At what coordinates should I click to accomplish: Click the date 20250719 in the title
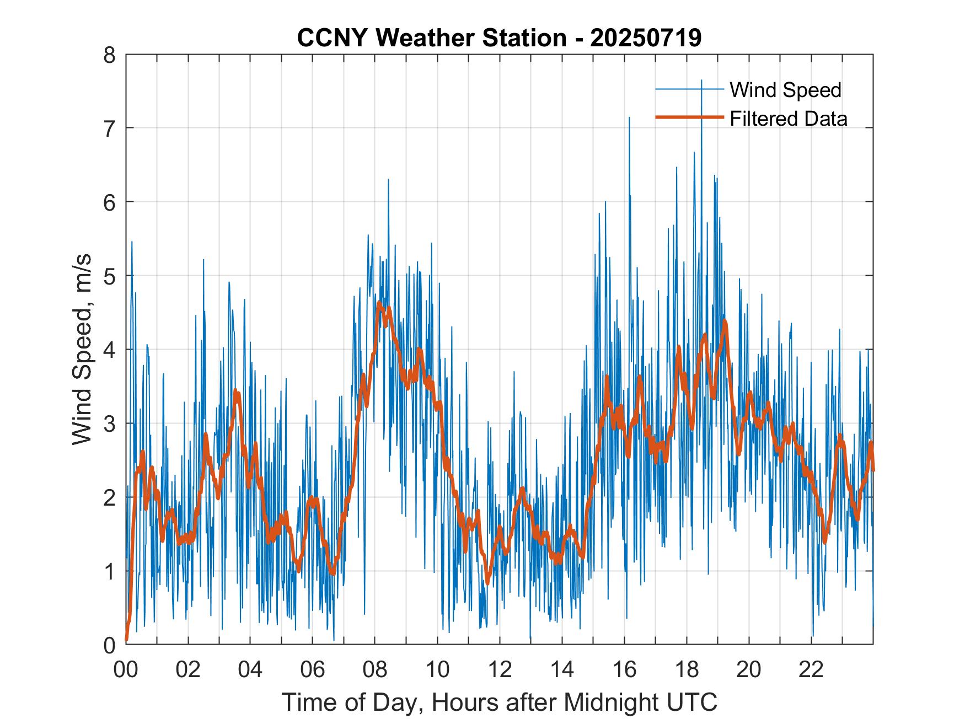point(646,38)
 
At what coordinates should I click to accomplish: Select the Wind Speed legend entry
point(785,90)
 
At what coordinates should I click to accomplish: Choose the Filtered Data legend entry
point(788,119)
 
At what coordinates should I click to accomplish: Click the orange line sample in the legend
point(689,117)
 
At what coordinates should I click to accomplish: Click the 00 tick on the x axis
point(126,669)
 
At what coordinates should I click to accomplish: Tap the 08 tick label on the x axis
point(375,669)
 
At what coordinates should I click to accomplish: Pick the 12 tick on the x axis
point(500,669)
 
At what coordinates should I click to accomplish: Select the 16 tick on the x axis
point(624,669)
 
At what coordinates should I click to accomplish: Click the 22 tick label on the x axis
point(811,669)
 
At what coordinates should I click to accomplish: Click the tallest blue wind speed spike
point(701,81)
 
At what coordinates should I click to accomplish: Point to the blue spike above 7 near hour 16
point(629,118)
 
